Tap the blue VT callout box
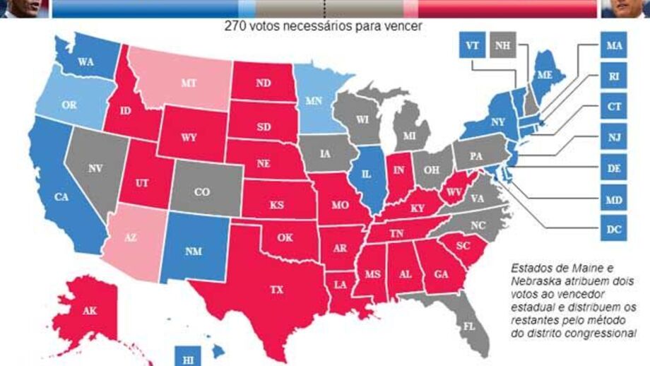471,46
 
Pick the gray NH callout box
502,46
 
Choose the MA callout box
613,46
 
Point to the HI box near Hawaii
187,358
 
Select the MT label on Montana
188,83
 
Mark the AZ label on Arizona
130,239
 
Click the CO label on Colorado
202,191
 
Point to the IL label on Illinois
366,174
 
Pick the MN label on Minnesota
313,101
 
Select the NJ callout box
613,137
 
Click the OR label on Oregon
69,104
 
